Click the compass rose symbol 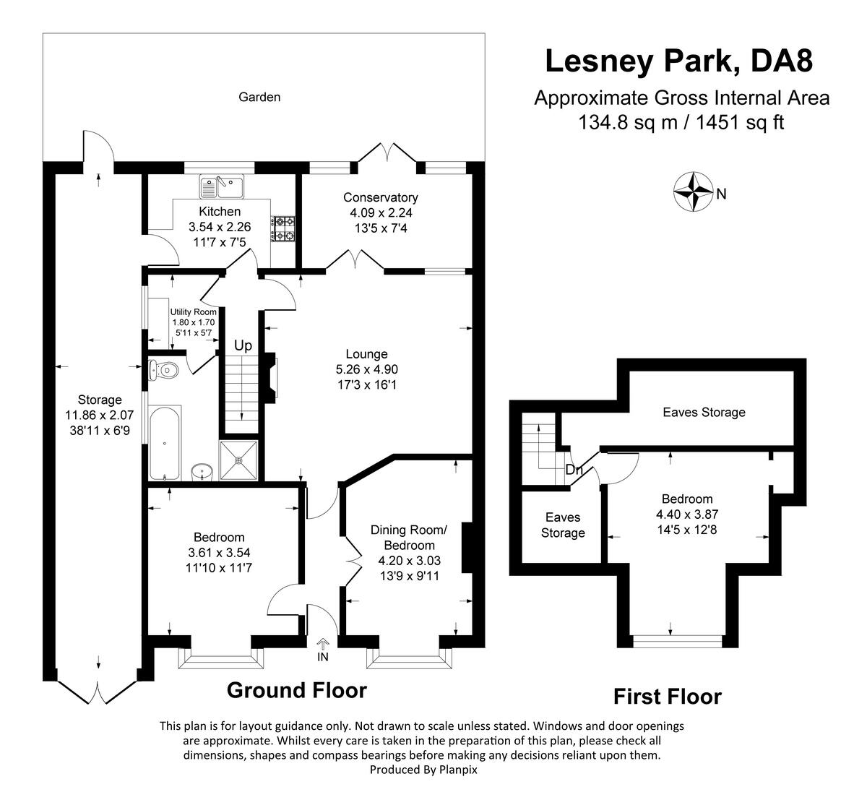(693, 193)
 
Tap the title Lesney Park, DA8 (678, 61)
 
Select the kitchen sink (223, 187)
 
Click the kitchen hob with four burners (283, 229)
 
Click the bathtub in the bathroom (165, 442)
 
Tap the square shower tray (240, 460)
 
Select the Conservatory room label (380, 197)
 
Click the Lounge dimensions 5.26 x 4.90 (366, 369)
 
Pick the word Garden (259, 97)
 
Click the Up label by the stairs (243, 346)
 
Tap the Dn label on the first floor (574, 470)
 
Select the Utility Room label (183, 311)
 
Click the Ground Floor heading (296, 690)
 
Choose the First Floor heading (667, 697)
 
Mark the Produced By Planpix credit (423, 770)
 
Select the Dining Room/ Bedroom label (409, 538)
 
